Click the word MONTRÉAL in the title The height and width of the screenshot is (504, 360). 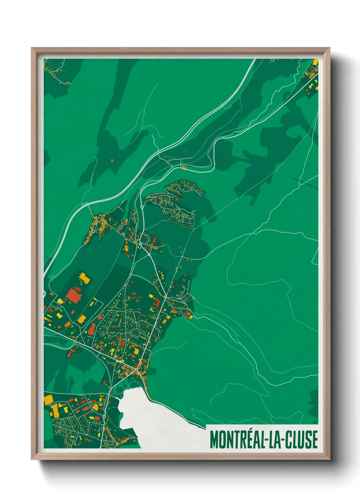coord(236,440)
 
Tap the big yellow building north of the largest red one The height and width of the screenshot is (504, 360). coord(84,278)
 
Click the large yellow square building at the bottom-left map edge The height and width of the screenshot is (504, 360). coord(49,399)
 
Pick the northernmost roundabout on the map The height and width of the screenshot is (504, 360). coord(142,207)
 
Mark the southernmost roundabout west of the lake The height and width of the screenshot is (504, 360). coord(104,416)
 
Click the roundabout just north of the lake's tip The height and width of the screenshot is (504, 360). coord(136,369)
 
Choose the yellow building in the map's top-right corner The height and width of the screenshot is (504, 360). coord(315,62)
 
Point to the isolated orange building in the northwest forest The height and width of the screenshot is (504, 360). coord(111,160)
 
